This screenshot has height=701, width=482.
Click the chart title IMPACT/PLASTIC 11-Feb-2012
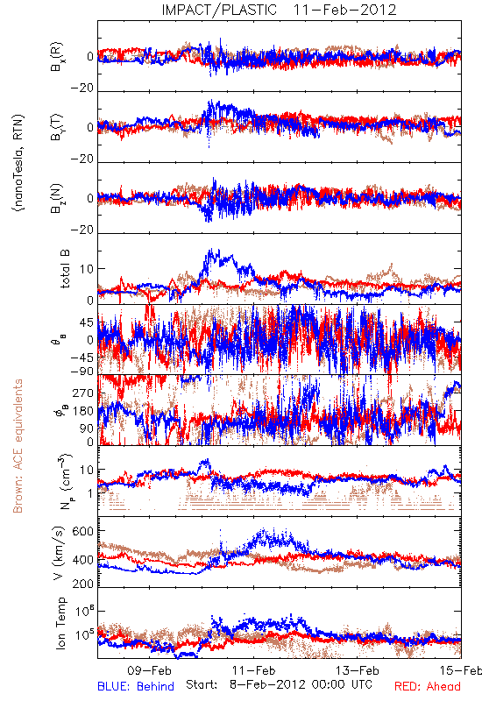tap(279, 10)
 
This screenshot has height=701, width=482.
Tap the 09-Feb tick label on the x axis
tap(149, 670)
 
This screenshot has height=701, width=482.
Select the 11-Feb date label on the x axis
tap(253, 670)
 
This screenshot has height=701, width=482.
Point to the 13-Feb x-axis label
tap(358, 670)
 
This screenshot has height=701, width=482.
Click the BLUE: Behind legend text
tap(136, 686)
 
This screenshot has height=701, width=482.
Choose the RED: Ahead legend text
tap(428, 686)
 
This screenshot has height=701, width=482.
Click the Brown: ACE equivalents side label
tap(18, 446)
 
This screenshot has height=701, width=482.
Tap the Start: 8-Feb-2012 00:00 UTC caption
tap(280, 685)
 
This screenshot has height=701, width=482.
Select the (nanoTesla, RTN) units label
tap(18, 163)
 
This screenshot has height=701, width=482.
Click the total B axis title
tap(65, 268)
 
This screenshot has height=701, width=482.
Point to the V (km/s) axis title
tap(60, 553)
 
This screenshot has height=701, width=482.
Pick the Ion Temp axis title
tap(60, 623)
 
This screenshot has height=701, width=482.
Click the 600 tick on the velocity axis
tap(83, 531)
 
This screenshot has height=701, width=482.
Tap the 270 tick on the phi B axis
tap(83, 393)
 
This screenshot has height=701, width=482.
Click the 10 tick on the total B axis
tap(87, 269)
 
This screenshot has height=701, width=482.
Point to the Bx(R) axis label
tap(57, 57)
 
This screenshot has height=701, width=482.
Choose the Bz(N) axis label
tap(57, 198)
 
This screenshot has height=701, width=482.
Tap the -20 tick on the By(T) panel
tap(82, 159)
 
